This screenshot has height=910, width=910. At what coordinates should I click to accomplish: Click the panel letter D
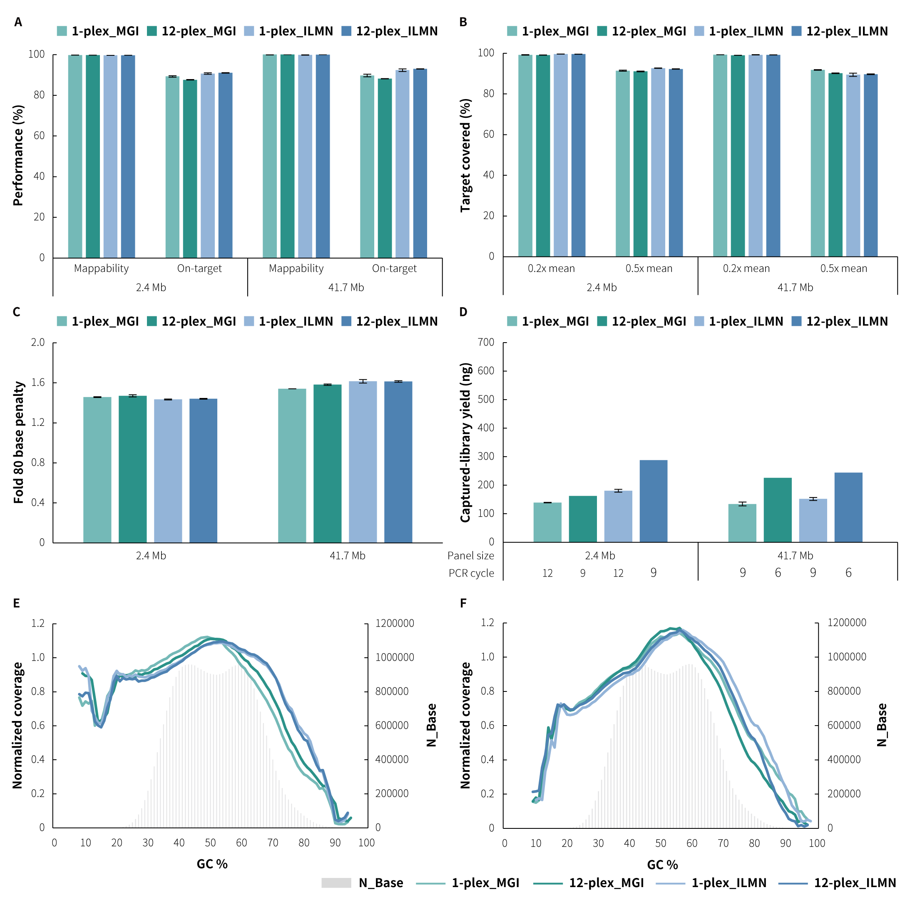click(x=463, y=312)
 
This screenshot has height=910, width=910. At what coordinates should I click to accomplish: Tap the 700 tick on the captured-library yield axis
click(x=486, y=343)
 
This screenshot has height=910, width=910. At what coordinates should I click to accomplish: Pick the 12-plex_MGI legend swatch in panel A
click(x=152, y=31)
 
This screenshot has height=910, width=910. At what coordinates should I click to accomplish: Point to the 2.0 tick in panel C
click(x=38, y=343)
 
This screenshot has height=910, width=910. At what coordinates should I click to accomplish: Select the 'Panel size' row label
click(x=470, y=556)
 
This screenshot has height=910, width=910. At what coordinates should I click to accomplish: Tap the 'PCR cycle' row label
click(x=471, y=573)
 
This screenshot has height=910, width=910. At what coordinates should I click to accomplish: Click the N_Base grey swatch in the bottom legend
click(x=336, y=883)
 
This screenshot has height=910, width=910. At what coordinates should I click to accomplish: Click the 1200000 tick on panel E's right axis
click(x=395, y=623)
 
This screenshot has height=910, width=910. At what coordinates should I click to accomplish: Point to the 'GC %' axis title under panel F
click(x=662, y=865)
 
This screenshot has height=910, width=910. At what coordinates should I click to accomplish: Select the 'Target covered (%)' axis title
click(x=465, y=155)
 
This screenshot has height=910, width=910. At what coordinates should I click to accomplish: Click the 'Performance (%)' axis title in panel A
click(x=18, y=155)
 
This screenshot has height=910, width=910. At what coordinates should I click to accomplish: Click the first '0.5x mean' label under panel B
click(x=649, y=269)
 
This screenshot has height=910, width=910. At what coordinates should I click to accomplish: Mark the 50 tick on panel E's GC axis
click(x=210, y=843)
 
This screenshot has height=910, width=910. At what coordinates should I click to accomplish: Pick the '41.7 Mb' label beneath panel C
click(x=347, y=556)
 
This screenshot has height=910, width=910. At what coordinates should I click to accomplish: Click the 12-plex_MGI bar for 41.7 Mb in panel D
click(x=778, y=510)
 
